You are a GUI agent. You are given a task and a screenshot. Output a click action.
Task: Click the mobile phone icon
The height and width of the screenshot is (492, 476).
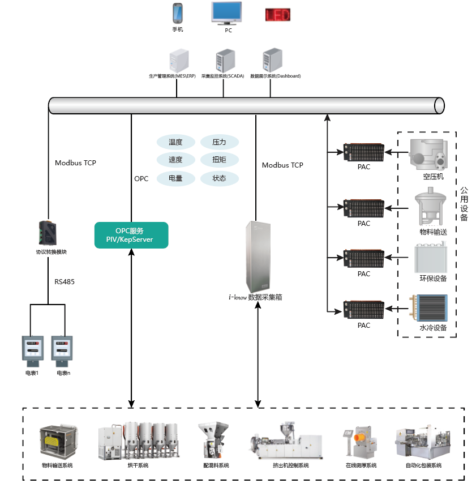point(178,13)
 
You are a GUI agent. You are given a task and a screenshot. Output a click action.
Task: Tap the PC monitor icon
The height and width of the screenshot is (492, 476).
point(228,12)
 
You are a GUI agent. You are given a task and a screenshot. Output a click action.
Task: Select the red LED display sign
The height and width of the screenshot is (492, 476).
point(278,14)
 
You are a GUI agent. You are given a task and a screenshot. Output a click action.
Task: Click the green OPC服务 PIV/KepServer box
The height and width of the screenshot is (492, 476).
point(131,235)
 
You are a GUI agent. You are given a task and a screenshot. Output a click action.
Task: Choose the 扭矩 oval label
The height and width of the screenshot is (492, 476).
point(219,160)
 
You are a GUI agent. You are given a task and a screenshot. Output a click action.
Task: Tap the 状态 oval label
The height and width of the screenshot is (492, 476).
point(219,178)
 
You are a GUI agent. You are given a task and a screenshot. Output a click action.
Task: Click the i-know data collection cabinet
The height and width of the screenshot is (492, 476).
point(258,256)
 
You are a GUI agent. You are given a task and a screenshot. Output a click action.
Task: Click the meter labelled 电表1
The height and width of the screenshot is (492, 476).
point(32,349)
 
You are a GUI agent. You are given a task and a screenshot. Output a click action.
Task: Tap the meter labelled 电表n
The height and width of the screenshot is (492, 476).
point(63,349)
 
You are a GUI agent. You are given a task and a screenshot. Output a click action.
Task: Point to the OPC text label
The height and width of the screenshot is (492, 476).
point(141,179)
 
